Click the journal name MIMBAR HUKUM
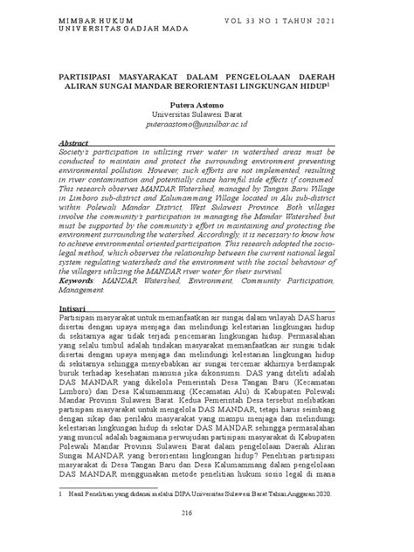point(89,18)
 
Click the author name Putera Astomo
point(207,101)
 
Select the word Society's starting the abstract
point(76,151)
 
